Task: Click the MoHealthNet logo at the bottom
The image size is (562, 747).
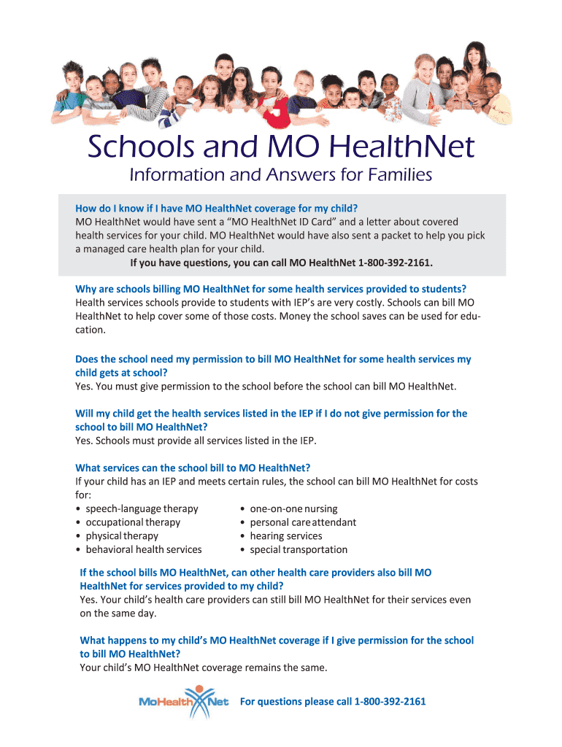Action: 184,702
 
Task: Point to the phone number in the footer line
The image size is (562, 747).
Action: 390,702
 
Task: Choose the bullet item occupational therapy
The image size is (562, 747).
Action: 133,522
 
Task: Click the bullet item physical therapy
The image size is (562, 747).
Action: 122,536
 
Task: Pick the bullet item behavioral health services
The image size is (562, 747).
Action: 144,549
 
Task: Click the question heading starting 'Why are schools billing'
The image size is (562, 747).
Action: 271,288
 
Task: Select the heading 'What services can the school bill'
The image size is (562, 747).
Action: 193,468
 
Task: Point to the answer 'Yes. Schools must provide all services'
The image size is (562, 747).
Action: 196,441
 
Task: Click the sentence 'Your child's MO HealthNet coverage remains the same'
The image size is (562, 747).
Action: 204,667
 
